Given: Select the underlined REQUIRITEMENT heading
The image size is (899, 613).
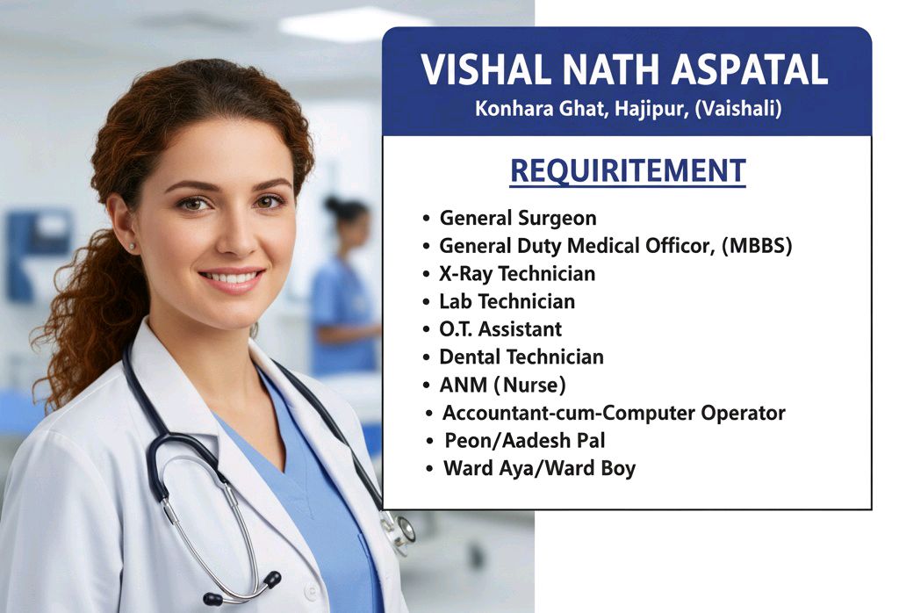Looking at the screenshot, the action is click(628, 171).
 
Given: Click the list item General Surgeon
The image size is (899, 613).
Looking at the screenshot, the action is click(518, 219).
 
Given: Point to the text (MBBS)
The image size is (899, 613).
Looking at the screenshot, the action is click(757, 246).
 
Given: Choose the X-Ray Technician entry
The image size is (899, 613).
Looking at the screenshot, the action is click(517, 273).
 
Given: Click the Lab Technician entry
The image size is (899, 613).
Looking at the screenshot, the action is click(507, 301).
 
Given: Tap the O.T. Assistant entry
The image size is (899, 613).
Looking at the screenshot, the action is click(500, 329).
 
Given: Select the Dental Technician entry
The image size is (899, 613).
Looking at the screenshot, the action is click(521, 357).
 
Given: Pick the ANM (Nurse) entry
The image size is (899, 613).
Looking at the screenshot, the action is click(502, 385).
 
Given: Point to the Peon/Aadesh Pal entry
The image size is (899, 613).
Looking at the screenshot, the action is click(525, 440).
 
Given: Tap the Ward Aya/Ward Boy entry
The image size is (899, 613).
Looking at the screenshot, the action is click(540, 468).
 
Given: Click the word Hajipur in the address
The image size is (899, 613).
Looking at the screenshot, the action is click(651, 108).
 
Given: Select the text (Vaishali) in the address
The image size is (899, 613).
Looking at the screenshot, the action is click(737, 108).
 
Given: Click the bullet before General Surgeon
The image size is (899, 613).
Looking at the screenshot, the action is click(426, 219).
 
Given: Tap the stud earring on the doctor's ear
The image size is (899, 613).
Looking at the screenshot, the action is click(133, 246).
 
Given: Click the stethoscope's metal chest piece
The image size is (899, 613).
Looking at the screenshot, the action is click(402, 529).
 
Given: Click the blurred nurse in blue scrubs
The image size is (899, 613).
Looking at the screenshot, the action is click(344, 286).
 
